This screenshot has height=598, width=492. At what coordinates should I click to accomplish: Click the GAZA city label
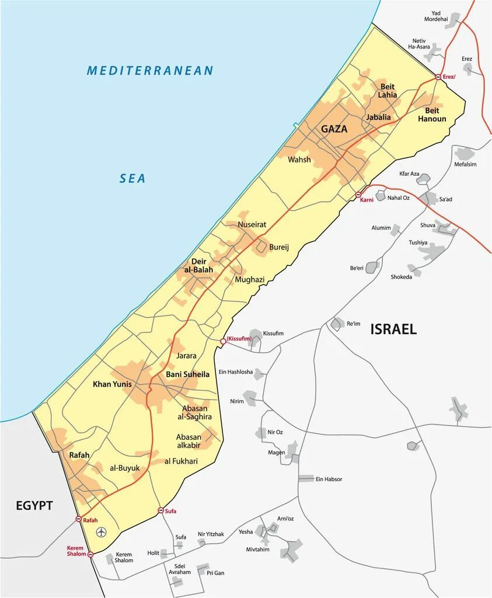pyautogui.click(x=334, y=129)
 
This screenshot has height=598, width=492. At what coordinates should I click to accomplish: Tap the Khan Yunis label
pyautogui.click(x=112, y=384)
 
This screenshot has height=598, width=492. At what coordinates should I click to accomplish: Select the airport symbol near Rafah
pyautogui.click(x=102, y=532)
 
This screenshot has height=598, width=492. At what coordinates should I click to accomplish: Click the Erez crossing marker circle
pyautogui.click(x=438, y=77)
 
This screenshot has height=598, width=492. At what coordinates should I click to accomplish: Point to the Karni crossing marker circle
pyautogui.click(x=358, y=194)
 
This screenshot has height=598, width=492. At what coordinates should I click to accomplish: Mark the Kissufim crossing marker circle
pyautogui.click(x=222, y=341)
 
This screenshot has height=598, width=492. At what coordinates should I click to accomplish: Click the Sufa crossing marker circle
pyautogui.click(x=160, y=511)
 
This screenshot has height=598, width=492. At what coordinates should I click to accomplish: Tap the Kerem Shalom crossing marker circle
pyautogui.click(x=90, y=554)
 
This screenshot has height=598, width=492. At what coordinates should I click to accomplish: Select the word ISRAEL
pyautogui.click(x=393, y=329)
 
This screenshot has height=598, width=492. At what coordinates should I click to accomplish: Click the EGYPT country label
pyautogui.click(x=34, y=505)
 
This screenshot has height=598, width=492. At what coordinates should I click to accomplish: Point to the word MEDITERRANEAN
pyautogui.click(x=150, y=71)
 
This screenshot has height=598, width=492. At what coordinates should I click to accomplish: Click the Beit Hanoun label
pyautogui.click(x=432, y=114)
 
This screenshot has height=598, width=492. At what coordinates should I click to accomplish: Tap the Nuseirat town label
pyautogui.click(x=252, y=224)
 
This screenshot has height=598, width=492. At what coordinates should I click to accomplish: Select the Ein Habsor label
pyautogui.click(x=329, y=479)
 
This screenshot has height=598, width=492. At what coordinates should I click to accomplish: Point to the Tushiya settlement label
pyautogui.click(x=418, y=242)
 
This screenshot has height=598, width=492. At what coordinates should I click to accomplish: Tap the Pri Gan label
pyautogui.click(x=215, y=573)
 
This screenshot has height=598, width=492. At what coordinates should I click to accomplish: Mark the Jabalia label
pyautogui.click(x=378, y=117)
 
